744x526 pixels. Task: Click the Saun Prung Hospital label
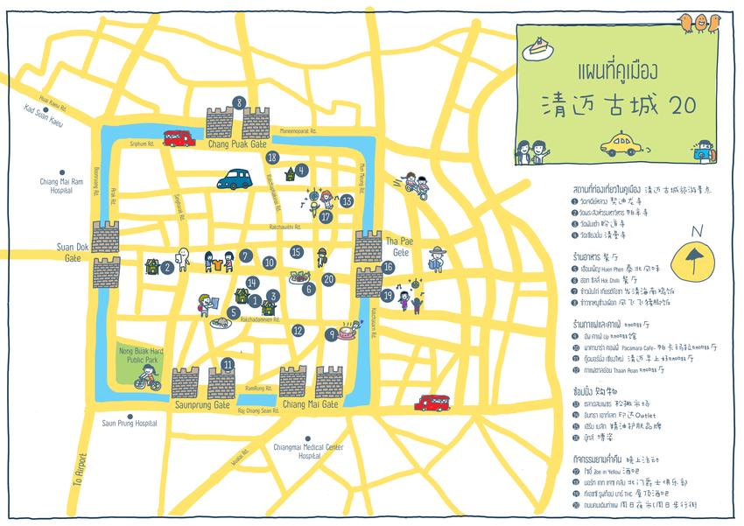click(129, 424)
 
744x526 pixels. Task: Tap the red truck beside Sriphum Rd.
click(178, 137)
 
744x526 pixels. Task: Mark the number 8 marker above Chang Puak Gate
click(239, 103)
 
